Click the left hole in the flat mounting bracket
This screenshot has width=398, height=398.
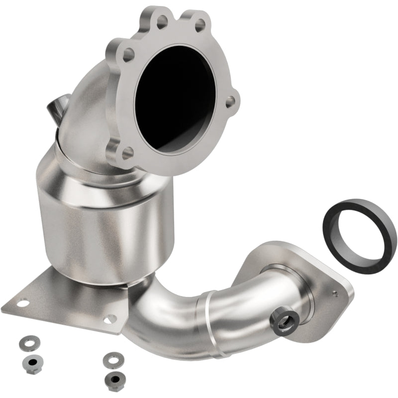pyautogui.click(x=22, y=302)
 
